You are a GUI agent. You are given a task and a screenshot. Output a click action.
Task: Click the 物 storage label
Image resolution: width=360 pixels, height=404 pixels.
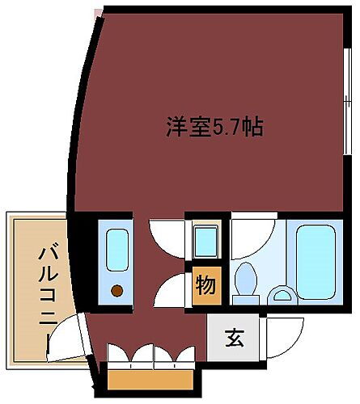(x=205, y=285)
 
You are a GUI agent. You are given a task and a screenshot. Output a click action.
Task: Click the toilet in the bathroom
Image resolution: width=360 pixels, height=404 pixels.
(x=244, y=282)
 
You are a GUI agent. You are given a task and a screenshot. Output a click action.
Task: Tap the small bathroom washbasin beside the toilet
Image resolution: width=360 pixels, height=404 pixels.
(x=281, y=296)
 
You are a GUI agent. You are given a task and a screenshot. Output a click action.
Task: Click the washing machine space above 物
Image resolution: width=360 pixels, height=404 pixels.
(x=205, y=240)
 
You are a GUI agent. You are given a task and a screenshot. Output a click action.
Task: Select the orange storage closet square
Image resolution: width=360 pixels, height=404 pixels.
(x=205, y=285)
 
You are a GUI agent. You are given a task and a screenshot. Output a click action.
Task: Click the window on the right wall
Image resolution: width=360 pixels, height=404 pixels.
(x=347, y=105)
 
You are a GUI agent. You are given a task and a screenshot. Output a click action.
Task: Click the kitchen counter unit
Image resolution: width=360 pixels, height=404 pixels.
(x=118, y=263)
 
